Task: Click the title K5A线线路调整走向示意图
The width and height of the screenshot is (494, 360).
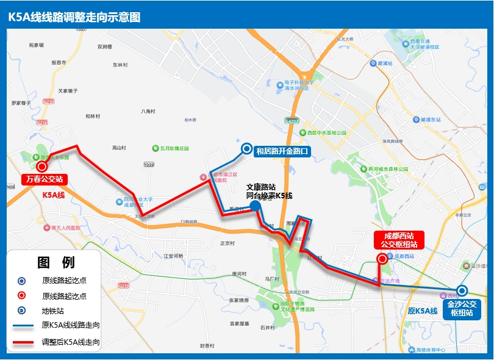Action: pyautogui.click(x=74, y=17)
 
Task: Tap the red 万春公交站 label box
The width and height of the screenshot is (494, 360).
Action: pyautogui.click(x=43, y=179)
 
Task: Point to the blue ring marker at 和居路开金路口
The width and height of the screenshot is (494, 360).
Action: pyautogui.click(x=246, y=148)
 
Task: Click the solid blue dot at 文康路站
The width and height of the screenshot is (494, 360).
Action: pyautogui.click(x=256, y=206)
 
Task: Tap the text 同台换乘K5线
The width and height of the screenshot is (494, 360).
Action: pyautogui.click(x=269, y=196)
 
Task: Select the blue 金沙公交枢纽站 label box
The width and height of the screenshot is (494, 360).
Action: pyautogui.click(x=462, y=308)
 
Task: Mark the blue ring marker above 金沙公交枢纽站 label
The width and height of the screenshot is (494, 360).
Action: pyautogui.click(x=462, y=291)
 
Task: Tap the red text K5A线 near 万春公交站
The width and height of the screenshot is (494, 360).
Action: pyautogui.click(x=53, y=195)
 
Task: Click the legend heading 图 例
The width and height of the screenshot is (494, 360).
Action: pyautogui.click(x=56, y=262)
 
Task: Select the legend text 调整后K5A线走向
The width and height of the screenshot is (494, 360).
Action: pyautogui.click(x=71, y=342)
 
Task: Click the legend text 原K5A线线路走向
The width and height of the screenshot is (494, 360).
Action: pyautogui.click(x=71, y=326)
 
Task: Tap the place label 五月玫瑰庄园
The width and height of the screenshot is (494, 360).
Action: pyautogui.click(x=174, y=148)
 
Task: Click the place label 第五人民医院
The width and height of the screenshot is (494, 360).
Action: pyautogui.click(x=66, y=228)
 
